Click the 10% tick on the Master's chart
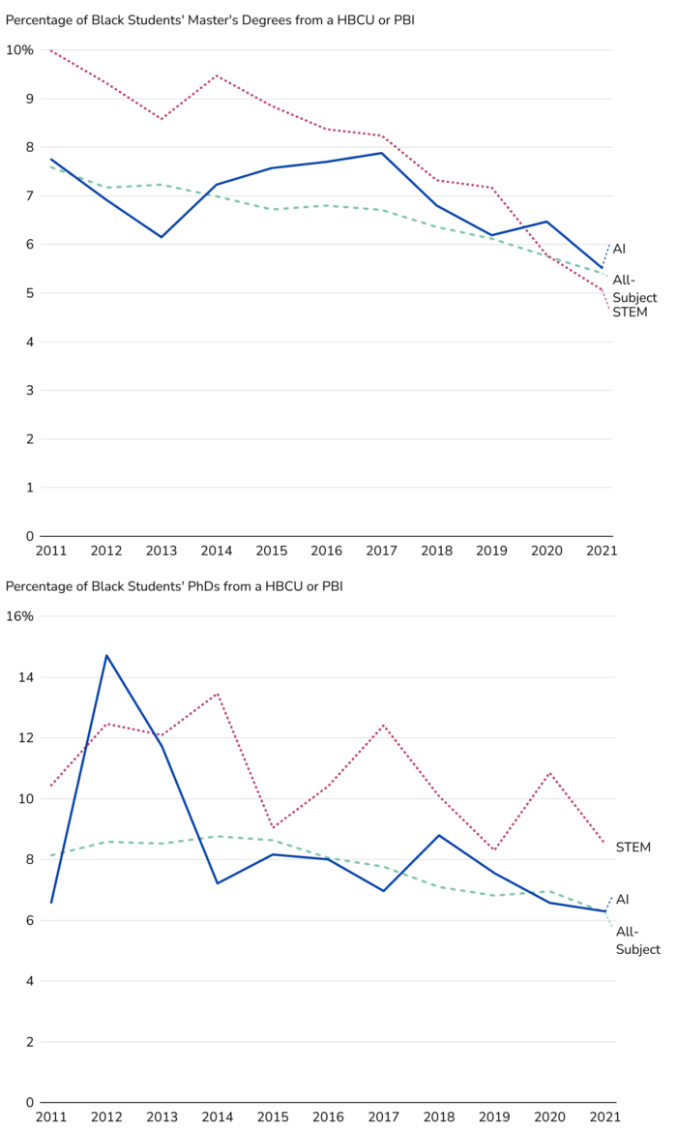20,50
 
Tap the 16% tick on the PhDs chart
20,616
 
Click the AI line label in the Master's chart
619,250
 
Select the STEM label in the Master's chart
630,313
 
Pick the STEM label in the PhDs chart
633,848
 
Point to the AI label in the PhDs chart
622,900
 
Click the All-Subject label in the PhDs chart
637,940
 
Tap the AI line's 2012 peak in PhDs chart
106,655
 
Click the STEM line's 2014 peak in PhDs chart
217,694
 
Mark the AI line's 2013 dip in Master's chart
162,237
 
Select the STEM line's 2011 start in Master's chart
51,50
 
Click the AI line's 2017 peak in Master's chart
382,153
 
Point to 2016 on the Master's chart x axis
327,551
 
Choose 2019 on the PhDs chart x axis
491,1117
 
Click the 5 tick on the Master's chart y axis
30,293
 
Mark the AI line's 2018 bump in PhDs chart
437,835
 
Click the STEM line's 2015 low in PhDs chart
272,828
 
